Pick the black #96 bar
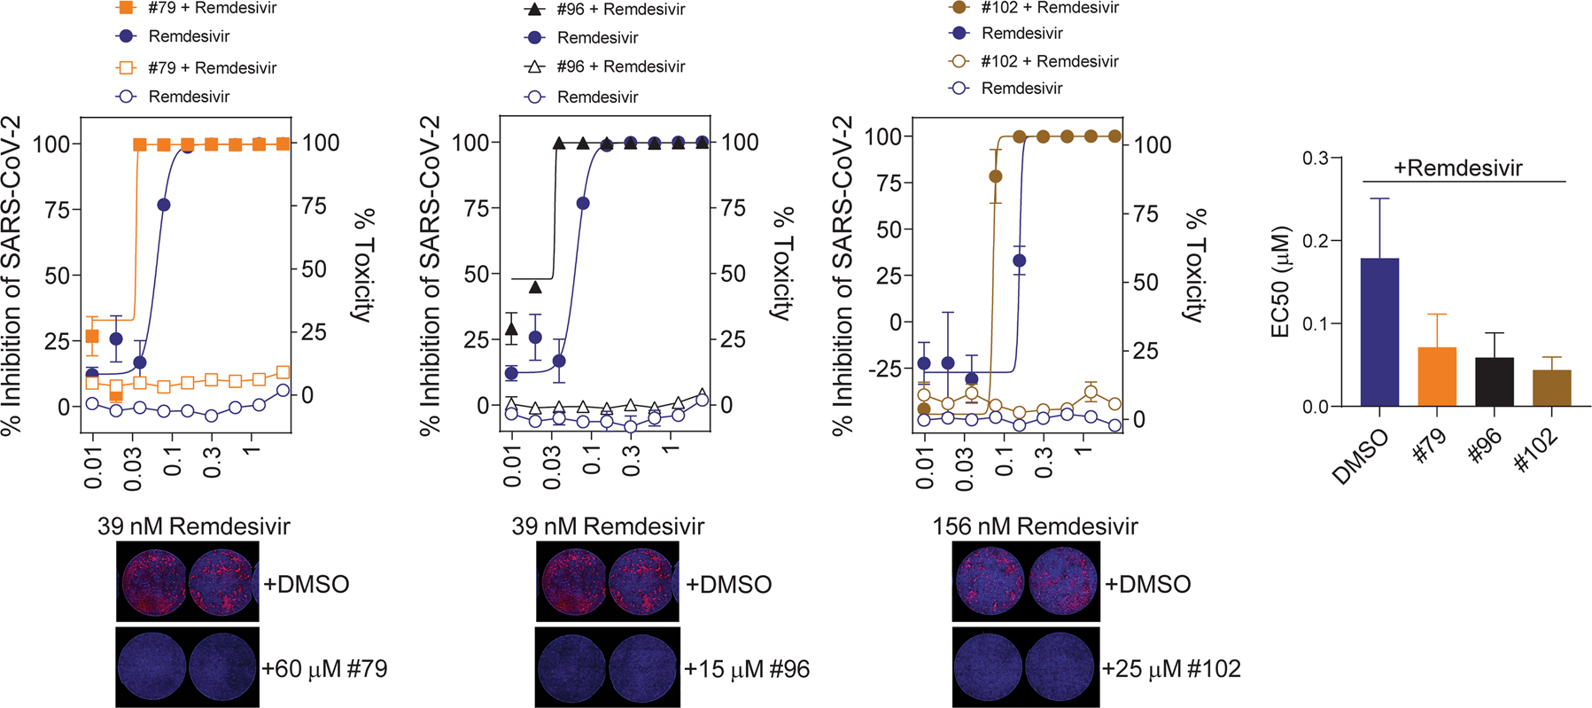point(1494,382)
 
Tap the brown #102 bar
point(1551,388)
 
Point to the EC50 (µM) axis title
point(1280,283)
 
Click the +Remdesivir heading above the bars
point(1457,167)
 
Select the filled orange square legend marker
point(127,8)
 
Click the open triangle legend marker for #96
point(534,66)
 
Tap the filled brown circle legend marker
point(959,7)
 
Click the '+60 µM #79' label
point(324,668)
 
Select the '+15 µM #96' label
point(746,669)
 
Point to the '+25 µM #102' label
point(1170,668)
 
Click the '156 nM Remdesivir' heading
point(1034,526)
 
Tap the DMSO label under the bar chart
point(1361,457)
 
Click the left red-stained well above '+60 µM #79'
point(152,581)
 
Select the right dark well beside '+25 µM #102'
point(1061,667)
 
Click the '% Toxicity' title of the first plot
point(363,266)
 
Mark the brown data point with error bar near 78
point(995,176)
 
